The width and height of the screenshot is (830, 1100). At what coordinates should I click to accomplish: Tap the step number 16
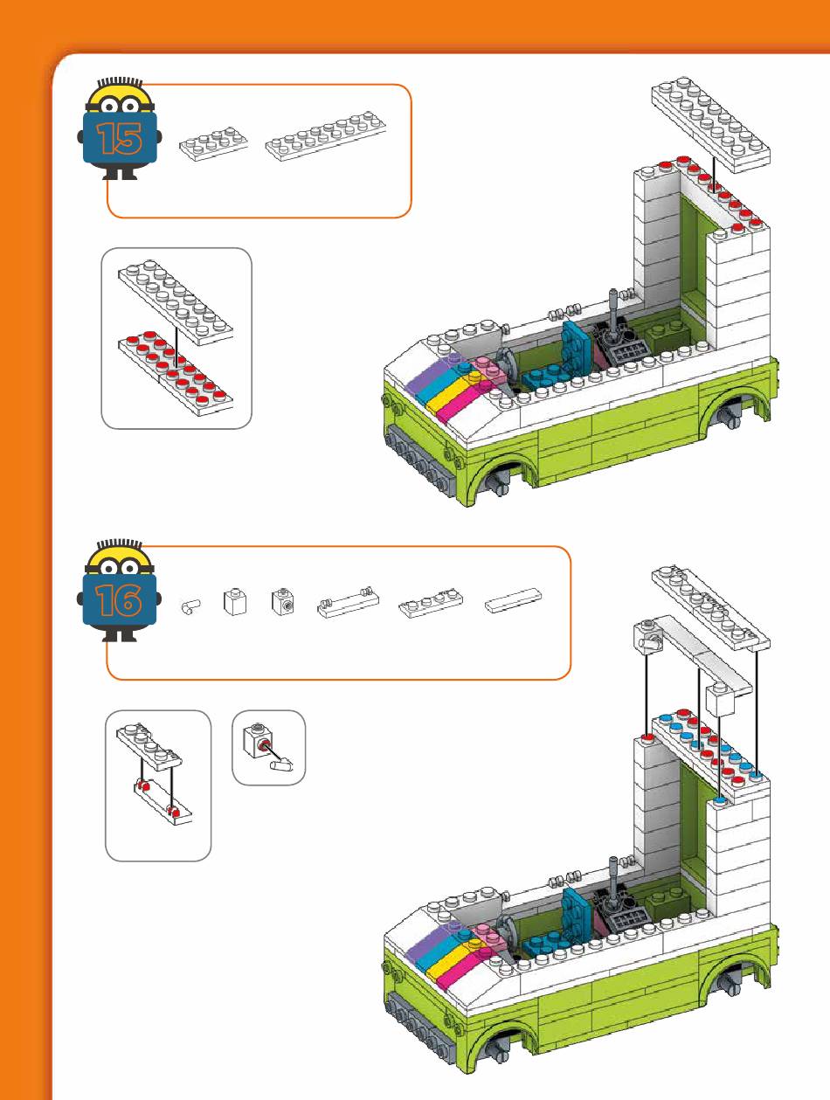click(120, 599)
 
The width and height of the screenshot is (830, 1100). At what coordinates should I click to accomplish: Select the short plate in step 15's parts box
click(214, 144)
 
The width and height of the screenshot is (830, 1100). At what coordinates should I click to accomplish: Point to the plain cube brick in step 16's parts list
click(234, 601)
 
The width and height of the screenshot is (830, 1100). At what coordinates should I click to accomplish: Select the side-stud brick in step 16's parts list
click(281, 601)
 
